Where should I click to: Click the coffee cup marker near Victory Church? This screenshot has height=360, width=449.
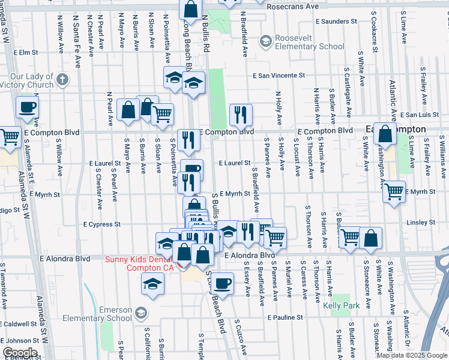(27, 107)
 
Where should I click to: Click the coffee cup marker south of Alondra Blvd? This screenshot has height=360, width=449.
(222, 283)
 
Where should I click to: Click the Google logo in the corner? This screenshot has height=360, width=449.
(19, 352)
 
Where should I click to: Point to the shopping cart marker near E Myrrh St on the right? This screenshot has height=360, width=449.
(394, 192)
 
